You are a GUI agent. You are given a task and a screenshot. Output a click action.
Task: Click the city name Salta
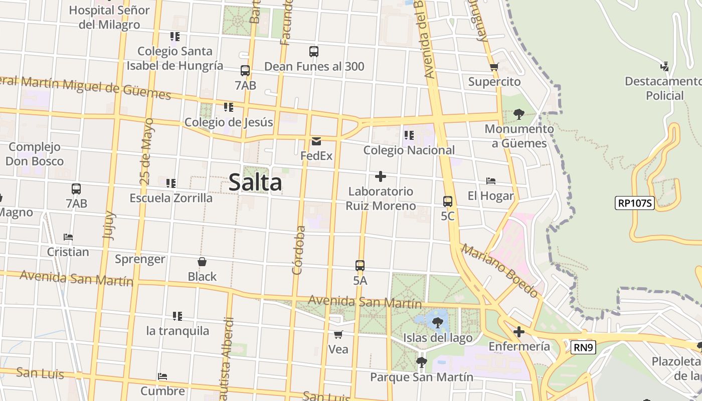point(255,182)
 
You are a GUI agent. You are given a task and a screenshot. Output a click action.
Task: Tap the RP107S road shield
point(635,203)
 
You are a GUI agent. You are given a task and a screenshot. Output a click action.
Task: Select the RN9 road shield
point(583,347)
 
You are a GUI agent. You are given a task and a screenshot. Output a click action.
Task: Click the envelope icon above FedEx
point(316,141)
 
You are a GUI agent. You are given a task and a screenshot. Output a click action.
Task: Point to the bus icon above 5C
point(448,202)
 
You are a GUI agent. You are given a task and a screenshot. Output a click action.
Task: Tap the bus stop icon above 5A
point(360,266)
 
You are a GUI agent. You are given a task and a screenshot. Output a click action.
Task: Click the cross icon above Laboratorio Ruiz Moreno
point(381,176)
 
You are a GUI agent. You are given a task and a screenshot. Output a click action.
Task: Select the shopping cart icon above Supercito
point(494,67)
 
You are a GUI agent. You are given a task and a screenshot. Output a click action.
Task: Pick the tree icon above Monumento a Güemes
point(519,114)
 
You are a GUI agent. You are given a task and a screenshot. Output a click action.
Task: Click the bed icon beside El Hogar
point(491,181)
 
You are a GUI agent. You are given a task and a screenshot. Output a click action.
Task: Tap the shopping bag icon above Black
point(202,262)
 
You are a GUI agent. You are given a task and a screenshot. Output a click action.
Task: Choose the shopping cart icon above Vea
point(338,334)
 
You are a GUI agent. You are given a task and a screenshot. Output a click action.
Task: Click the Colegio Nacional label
point(409,150)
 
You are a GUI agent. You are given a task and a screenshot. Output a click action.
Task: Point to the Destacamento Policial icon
point(665,66)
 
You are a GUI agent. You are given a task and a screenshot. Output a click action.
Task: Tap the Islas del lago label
point(438,338)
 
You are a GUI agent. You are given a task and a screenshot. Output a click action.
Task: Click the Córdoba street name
point(299,250)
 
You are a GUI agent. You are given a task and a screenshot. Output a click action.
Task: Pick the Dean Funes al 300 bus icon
point(314,52)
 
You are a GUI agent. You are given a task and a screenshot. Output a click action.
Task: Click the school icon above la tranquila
point(177,316)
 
